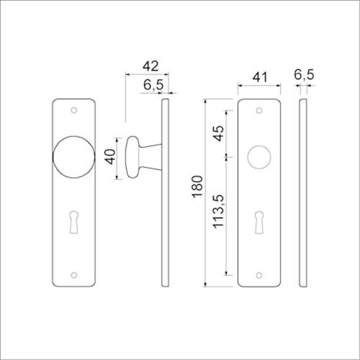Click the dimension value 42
(x=150, y=66)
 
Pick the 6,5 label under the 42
(x=152, y=85)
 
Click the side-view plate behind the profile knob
(x=167, y=216)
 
